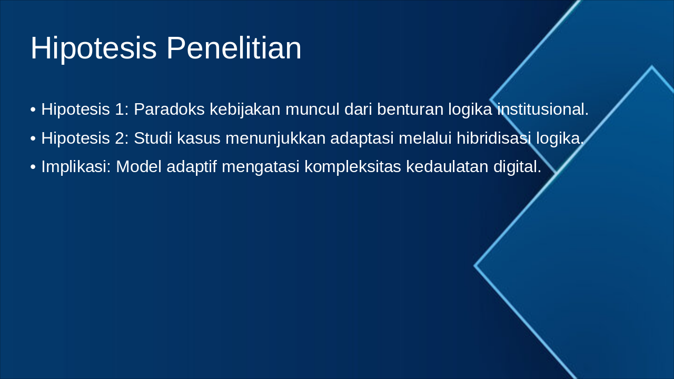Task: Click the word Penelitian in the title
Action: pos(234,48)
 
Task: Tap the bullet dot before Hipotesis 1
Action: pos(33,110)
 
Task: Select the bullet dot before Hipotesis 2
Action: pos(33,139)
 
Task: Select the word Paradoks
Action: pos(169,109)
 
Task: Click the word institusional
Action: pos(542,109)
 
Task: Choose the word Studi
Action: pos(151,138)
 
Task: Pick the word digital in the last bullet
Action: pos(517,167)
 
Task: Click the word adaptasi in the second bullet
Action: pos(363,138)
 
